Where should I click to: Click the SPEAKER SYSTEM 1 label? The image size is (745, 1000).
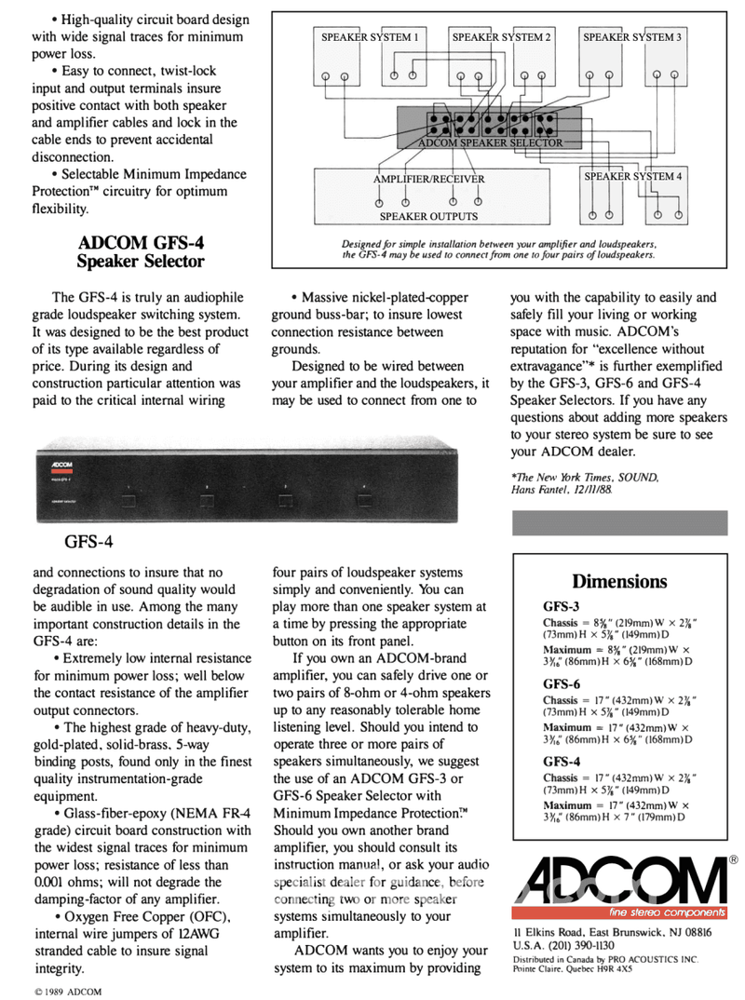coord(370,37)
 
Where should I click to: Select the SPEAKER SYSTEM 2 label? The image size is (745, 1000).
coord(502,37)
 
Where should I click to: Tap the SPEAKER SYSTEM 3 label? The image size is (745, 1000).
coord(632,37)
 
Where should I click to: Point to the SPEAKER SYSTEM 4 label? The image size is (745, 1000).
coord(633,176)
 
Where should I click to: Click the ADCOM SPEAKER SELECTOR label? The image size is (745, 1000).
coord(491,143)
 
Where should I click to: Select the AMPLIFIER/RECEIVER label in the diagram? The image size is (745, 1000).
coord(428,179)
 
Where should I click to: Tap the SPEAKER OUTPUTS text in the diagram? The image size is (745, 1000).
coord(428,216)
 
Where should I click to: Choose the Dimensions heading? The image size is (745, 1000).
coord(619,582)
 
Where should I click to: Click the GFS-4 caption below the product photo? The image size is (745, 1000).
coord(89,540)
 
